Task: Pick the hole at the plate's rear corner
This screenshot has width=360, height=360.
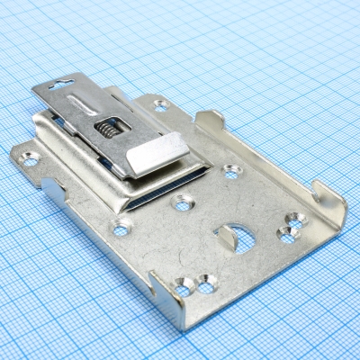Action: point(161,105)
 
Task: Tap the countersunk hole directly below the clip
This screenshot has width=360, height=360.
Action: point(183,203)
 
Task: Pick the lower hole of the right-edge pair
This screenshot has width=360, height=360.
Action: point(287,235)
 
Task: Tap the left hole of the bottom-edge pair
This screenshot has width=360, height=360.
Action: point(184,287)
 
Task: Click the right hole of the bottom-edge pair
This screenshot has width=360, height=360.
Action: point(207,287)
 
